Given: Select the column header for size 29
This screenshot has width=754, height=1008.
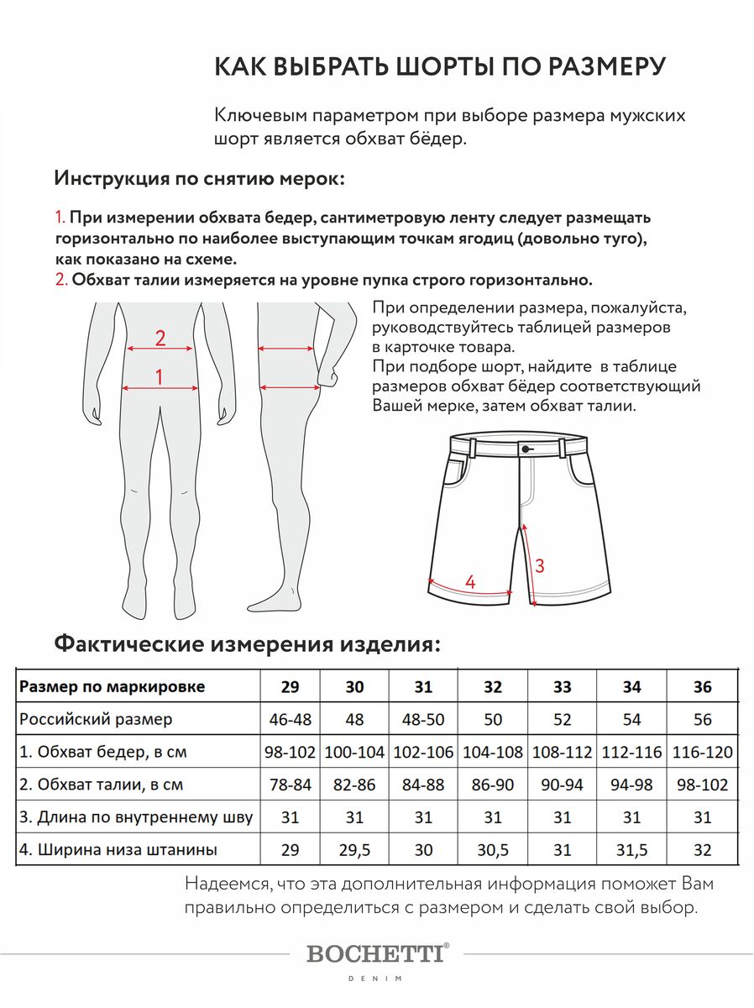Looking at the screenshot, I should tap(290, 687).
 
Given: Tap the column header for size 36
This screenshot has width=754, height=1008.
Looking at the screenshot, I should tap(703, 687).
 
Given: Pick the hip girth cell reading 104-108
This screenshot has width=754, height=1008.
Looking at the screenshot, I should tap(493, 752).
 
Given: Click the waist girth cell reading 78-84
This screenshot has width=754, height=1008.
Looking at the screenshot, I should tap(290, 785).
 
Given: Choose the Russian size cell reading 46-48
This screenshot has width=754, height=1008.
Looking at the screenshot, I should tap(290, 720).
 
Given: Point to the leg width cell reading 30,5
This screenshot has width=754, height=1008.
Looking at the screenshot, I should tap(493, 850).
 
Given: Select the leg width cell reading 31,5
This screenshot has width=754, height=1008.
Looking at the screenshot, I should tap(632, 850).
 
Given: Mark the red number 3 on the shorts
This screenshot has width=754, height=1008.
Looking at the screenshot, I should tap(540, 566).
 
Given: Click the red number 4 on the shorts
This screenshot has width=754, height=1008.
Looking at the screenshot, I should tap(470, 582).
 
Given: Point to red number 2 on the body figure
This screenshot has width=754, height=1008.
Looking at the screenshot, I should tap(160, 339).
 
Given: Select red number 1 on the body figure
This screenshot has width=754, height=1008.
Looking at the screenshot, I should tap(160, 377).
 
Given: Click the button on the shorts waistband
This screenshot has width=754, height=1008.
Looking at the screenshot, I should tap(526, 449).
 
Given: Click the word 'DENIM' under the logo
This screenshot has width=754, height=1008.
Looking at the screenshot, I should tap(376, 979).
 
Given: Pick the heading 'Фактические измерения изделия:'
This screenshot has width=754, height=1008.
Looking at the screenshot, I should tap(247, 645).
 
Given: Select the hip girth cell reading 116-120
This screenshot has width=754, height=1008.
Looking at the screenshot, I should tap(703, 752).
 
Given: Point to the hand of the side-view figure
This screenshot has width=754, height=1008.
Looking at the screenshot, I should tap(329, 375).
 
